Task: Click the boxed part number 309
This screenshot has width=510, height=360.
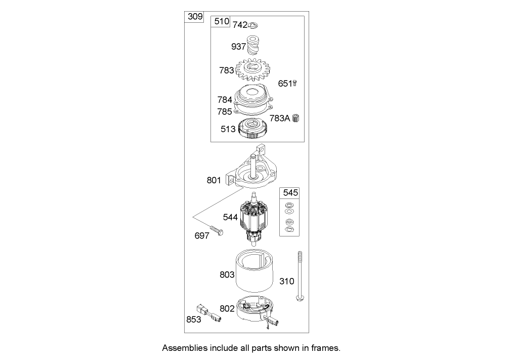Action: pyautogui.click(x=194, y=17)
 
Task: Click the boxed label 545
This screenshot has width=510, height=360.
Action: pyautogui.click(x=291, y=193)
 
